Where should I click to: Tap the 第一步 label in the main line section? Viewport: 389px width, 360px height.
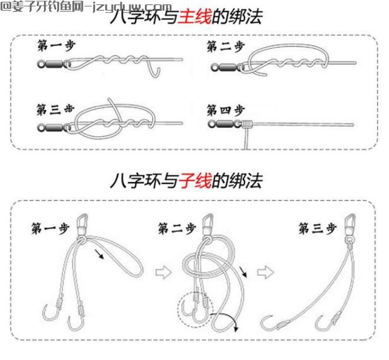(x=55, y=46)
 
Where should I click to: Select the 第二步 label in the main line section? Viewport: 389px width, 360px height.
(x=225, y=46)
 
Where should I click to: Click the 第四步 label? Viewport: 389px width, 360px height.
(x=225, y=110)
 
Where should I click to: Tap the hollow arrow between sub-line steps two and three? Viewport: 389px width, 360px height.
(x=267, y=272)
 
